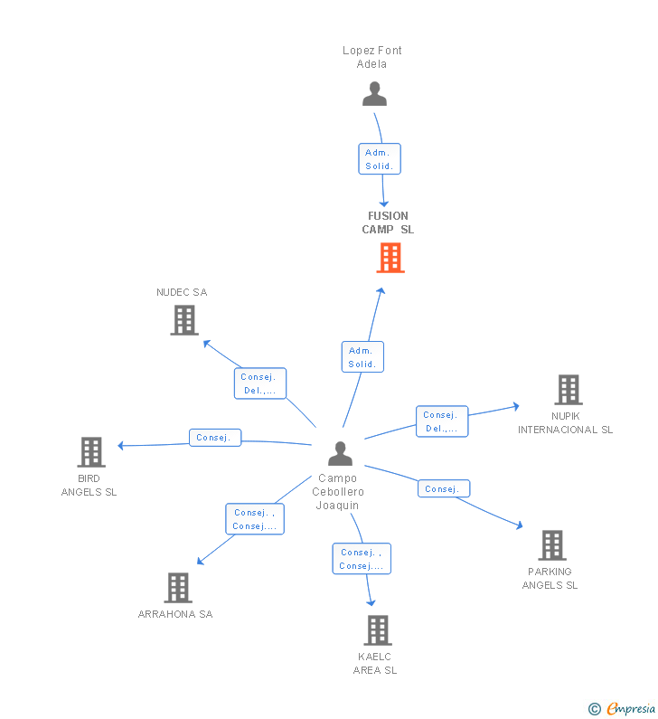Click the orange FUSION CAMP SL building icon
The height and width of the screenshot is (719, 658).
tap(390, 258)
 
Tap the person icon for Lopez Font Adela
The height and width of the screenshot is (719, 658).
tap(373, 94)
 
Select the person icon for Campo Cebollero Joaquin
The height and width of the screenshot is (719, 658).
tap(340, 453)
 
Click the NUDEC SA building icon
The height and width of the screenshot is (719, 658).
tap(183, 320)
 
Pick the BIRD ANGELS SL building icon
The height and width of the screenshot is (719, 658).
tap(90, 452)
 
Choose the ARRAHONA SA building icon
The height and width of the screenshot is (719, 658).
tap(178, 588)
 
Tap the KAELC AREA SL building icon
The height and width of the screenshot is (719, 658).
tap(377, 630)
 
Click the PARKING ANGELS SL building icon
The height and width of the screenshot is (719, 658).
tap(551, 545)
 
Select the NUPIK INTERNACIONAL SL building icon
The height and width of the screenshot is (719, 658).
tap(568, 390)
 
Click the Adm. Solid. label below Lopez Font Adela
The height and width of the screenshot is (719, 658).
tap(379, 159)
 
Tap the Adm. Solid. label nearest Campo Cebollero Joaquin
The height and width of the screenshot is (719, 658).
tap(362, 357)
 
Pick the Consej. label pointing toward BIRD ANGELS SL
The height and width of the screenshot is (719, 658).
tap(214, 438)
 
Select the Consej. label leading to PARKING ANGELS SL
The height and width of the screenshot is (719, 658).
tap(443, 489)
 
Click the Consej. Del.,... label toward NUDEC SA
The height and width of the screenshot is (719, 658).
tap(260, 383)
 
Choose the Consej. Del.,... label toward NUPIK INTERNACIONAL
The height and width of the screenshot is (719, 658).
tap(442, 421)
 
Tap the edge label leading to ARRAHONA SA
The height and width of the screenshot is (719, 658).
tap(254, 519)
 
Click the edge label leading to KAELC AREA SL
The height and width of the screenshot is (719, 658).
tap(362, 559)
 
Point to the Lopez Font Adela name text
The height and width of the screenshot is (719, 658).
tap(372, 57)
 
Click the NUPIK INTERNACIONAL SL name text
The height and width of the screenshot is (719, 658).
tap(565, 422)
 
